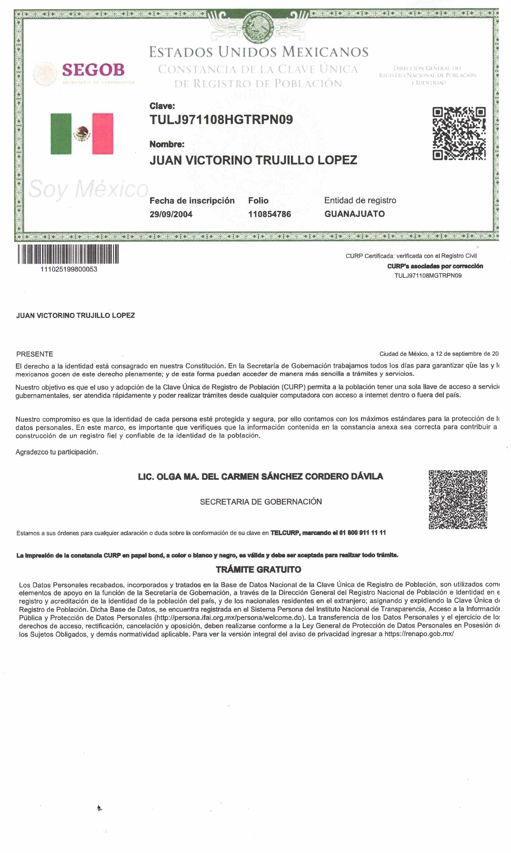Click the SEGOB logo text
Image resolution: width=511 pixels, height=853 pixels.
93,70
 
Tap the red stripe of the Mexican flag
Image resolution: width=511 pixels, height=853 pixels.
103,134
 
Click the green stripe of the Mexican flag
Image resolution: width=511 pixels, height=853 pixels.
61,134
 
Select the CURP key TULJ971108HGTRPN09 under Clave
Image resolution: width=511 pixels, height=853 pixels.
221,120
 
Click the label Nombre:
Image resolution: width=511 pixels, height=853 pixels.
167,144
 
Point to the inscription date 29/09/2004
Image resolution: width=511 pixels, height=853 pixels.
171,214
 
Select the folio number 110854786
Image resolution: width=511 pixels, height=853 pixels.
269,214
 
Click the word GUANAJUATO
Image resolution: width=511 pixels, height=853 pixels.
354,214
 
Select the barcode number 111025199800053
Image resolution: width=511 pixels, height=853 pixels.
69,269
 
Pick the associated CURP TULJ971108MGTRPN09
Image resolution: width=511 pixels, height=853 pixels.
428,276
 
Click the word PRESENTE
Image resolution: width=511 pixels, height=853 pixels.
34,354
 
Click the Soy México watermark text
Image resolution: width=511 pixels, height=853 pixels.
88,189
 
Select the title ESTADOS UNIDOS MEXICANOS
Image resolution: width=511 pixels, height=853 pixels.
259,52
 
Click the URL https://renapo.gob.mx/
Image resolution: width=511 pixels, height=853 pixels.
419,634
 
